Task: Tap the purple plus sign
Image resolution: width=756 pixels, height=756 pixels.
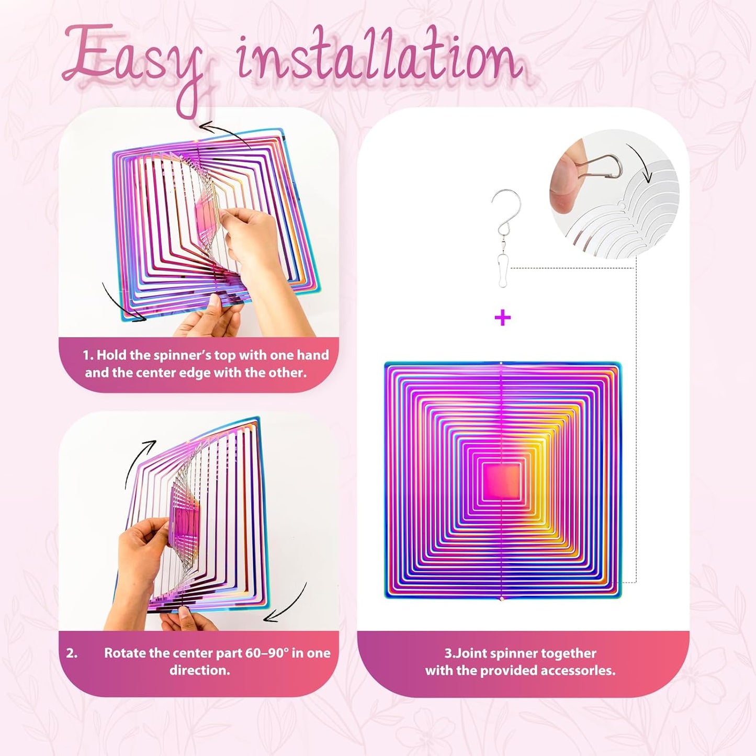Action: click(502, 318)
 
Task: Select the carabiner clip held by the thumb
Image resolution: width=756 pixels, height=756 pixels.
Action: click(602, 166)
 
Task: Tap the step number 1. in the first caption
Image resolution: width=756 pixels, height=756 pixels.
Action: click(88, 355)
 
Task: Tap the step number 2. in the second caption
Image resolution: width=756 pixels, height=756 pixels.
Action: click(72, 653)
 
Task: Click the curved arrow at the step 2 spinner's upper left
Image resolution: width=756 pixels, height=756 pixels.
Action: click(139, 460)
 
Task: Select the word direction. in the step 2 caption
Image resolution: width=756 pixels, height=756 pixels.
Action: click(199, 671)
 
